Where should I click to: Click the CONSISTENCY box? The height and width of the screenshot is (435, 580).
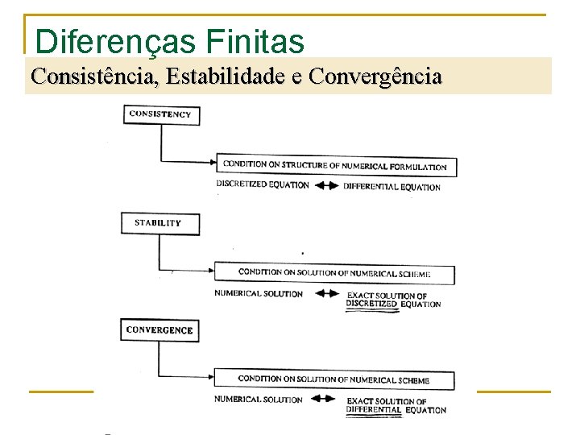tap(161, 114)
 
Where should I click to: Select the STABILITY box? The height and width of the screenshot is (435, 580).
tap(159, 223)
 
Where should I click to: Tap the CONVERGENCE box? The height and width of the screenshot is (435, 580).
tap(160, 330)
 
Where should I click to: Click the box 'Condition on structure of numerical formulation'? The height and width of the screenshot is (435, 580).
tap(335, 167)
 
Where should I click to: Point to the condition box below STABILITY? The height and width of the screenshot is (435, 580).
tap(334, 274)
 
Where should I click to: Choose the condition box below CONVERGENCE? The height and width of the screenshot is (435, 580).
tap(334, 379)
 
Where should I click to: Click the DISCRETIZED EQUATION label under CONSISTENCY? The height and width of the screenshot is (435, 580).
tap(263, 184)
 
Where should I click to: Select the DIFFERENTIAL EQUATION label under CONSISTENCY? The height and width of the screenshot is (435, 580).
tap(392, 187)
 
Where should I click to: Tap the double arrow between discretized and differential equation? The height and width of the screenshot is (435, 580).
tap(326, 185)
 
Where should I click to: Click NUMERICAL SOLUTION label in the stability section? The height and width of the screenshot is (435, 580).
tap(259, 293)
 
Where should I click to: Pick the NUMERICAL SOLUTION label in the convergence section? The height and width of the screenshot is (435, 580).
tap(259, 400)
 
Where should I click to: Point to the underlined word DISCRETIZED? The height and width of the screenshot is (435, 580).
tap(372, 304)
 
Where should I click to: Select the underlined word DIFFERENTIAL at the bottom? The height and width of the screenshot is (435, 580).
tap(374, 410)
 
